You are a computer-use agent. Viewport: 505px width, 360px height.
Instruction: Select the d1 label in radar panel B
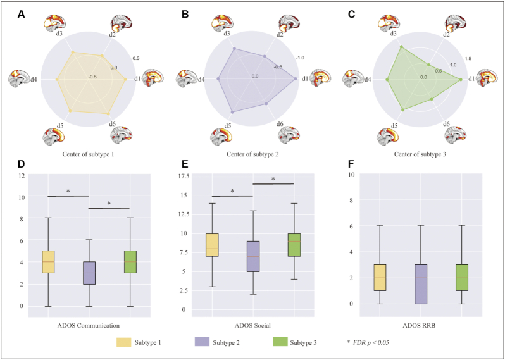coord(304,78)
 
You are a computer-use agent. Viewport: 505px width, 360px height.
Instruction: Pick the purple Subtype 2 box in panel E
coord(253,264)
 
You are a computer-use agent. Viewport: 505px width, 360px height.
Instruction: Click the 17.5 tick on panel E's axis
coord(200,175)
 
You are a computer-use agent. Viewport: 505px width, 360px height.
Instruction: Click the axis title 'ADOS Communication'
coord(89,326)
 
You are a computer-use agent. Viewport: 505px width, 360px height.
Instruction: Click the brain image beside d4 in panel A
coord(19,79)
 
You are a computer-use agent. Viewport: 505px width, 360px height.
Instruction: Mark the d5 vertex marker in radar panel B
coord(233,112)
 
